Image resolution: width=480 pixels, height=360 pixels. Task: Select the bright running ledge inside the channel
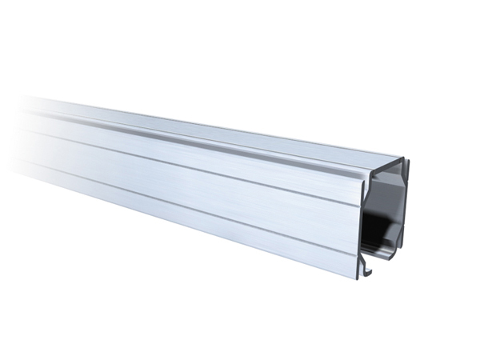point(384,255)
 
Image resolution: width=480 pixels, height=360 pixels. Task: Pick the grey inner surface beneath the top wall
point(388,188)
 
